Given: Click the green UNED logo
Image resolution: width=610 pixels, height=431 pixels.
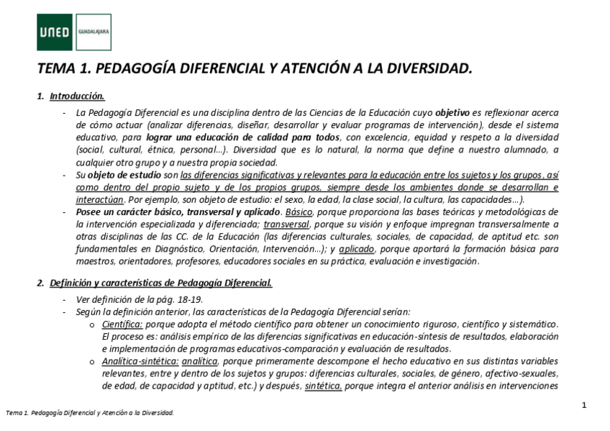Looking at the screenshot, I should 55,32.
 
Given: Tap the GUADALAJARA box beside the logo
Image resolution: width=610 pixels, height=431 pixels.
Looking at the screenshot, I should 93,32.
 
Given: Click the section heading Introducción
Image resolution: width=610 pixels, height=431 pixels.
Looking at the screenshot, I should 78,96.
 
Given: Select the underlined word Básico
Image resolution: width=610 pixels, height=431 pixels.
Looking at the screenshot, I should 299,212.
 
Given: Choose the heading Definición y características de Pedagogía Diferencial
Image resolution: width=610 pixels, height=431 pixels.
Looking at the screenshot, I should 160,282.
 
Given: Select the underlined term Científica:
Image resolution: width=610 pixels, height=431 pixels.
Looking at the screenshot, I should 122,324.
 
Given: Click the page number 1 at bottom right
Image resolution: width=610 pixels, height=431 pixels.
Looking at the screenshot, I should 584,405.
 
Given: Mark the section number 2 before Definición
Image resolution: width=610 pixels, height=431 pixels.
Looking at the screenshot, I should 40,282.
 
